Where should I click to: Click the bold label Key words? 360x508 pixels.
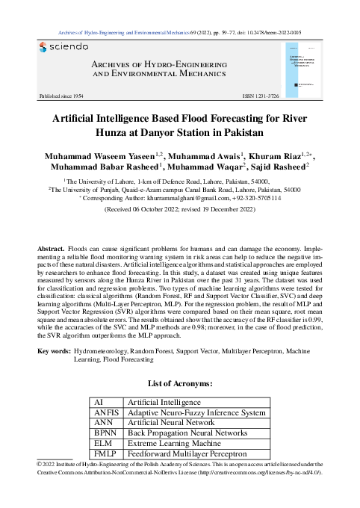click(54, 350)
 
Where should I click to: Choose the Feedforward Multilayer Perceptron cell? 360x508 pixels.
click(187, 453)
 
